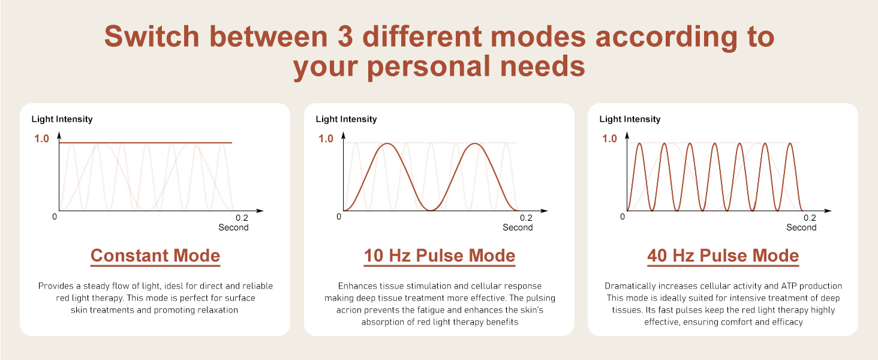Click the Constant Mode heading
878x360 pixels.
coord(155,256)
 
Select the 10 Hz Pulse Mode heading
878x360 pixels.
coord(440,256)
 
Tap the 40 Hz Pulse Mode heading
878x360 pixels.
coord(723,256)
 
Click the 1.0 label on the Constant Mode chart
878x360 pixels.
coord(41,139)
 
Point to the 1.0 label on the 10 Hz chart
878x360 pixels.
coord(326,139)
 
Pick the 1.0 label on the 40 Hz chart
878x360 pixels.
coord(609,139)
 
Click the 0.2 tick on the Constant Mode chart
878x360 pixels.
coord(242,218)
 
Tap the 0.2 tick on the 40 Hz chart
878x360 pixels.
coord(810,218)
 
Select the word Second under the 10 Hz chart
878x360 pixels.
coord(518,227)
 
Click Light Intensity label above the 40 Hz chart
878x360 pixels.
coord(630,119)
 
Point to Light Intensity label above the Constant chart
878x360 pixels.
coord(62,119)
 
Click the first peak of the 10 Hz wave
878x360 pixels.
coord(387,143)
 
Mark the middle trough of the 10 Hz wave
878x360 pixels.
coord(431,210)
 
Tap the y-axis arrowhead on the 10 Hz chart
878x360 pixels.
coord(344,136)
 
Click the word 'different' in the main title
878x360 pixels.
coord(422,37)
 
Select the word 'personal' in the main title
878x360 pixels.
coord(429,66)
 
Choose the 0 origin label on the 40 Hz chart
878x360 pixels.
coord(623,217)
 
